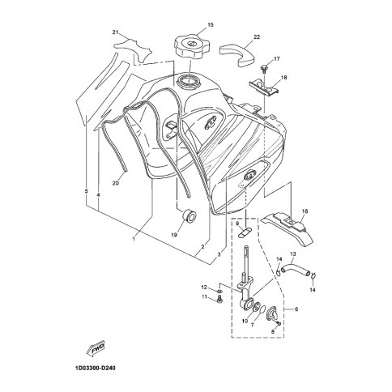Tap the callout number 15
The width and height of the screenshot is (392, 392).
pos(211,25)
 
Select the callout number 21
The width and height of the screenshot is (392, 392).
pos(116,32)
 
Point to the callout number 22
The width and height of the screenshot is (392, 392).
pos(257,37)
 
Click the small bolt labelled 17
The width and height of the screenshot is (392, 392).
pos(263,68)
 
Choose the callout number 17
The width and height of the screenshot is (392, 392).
pos(277,59)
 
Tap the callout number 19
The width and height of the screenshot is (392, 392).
pos(174,235)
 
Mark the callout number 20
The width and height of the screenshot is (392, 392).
pos(116,183)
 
